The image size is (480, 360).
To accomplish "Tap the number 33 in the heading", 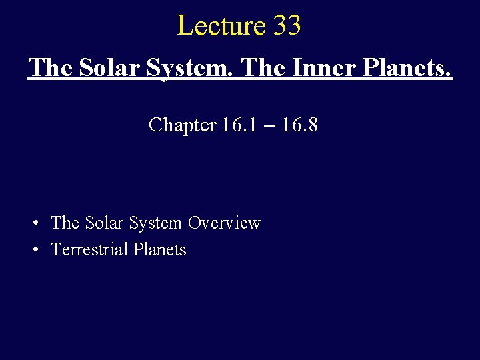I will click(x=287, y=26).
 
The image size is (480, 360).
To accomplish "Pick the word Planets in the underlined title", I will click(x=411, y=67).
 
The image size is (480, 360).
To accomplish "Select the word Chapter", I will click(x=182, y=125).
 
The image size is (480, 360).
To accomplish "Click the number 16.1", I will click(x=237, y=125).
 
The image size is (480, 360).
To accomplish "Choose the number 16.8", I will click(x=299, y=125).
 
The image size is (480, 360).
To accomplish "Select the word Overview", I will click(x=224, y=223).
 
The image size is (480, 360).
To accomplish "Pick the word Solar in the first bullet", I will click(x=103, y=223).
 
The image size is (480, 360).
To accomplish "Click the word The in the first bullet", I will click(x=65, y=223).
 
